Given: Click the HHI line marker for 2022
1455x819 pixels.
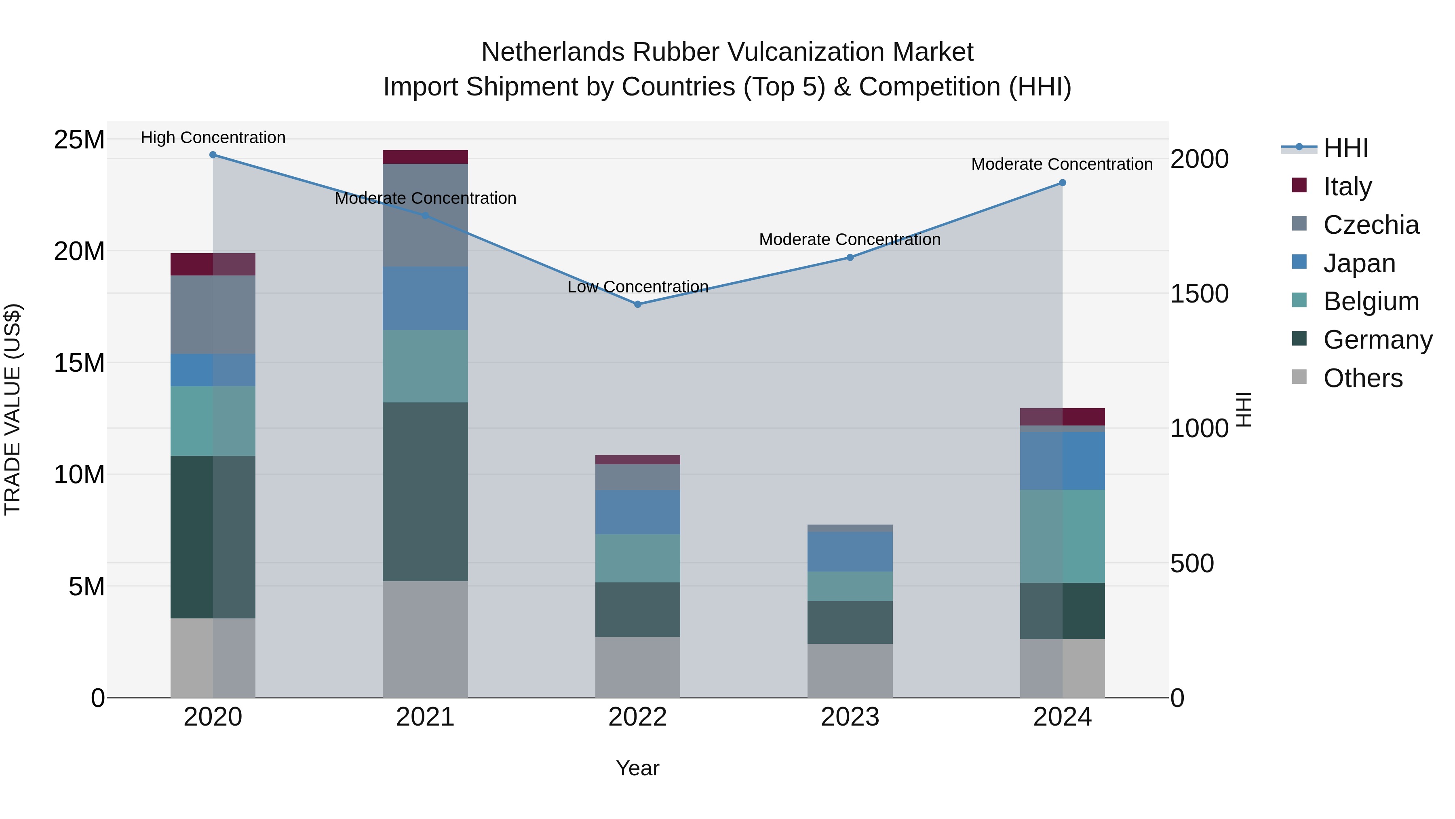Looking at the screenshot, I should pos(638,304).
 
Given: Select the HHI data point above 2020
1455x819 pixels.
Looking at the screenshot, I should pos(213,155).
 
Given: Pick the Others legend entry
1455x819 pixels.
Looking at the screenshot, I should pos(1362,378).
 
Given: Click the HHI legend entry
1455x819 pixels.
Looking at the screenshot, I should pos(1345,148).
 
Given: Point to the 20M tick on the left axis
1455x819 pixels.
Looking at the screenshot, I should pos(79,251).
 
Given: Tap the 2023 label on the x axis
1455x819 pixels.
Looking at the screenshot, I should pos(850,717).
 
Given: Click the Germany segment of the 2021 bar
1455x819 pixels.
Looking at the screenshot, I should pos(425,492).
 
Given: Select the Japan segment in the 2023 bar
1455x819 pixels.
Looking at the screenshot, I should pos(850,551).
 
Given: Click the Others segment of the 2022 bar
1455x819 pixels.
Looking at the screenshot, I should pos(638,667).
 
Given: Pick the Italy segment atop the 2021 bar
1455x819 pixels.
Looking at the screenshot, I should pos(425,157).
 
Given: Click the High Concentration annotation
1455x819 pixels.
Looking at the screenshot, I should pos(213,138).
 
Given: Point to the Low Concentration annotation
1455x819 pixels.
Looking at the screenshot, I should pos(638,287).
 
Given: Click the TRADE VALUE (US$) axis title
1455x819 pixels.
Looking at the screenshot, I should pos(13,409).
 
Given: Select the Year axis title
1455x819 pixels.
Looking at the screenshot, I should pos(638,768).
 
